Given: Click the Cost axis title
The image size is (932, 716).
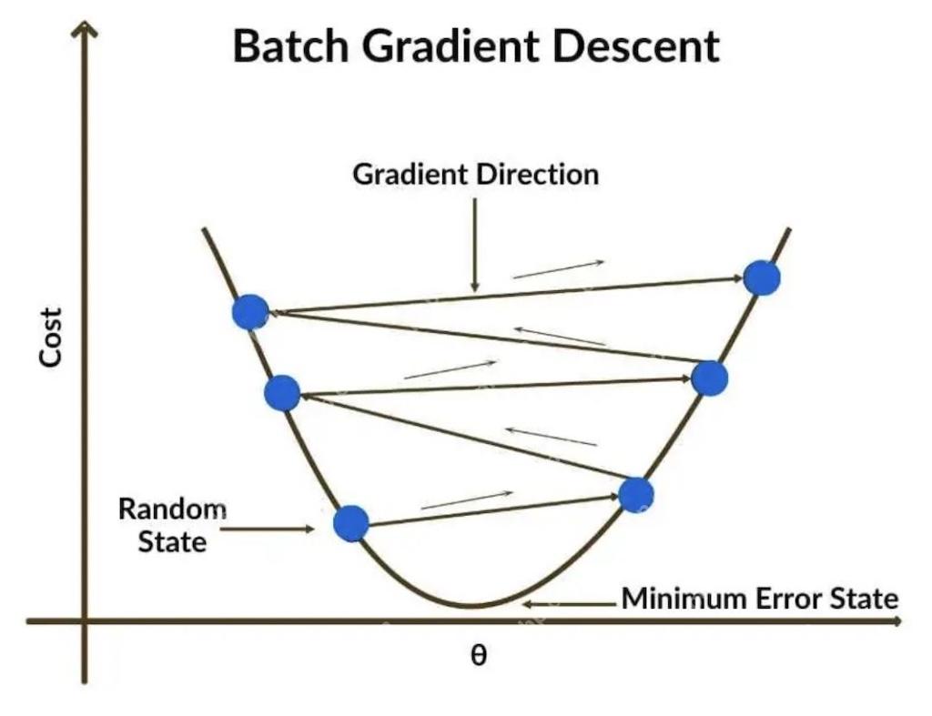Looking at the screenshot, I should point(51,337).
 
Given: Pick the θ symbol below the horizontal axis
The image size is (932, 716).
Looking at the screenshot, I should point(478,656).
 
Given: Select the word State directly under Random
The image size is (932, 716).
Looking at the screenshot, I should point(172,542).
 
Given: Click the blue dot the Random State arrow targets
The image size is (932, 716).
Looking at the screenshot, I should point(350,523).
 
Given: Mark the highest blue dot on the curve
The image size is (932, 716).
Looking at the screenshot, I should point(762,277).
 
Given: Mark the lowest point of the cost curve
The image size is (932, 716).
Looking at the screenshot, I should point(471,606).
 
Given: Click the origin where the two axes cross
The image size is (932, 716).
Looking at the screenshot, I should point(86,621).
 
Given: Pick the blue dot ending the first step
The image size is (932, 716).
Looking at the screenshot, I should point(635,494).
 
